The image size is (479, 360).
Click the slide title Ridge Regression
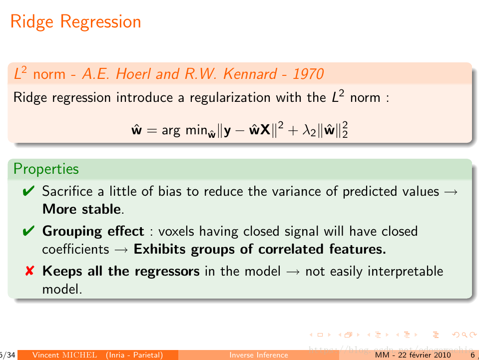click(x=75, y=22)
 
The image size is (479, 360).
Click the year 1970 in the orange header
click(x=308, y=74)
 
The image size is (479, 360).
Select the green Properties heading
click(x=46, y=169)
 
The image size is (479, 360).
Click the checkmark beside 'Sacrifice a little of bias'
click(x=29, y=191)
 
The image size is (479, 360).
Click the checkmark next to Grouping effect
click(x=29, y=231)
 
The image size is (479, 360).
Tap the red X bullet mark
click(x=29, y=272)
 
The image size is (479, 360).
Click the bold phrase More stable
click(x=82, y=209)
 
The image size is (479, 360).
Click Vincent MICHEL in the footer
click(x=65, y=355)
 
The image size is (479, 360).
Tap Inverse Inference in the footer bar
click(x=258, y=355)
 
